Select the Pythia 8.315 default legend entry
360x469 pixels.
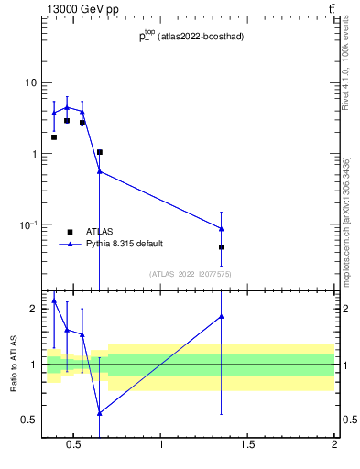pos(124,244)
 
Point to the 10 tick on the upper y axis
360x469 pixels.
pos(30,82)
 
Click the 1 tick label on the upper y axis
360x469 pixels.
pos(33,154)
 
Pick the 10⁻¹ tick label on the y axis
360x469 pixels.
pos(28,224)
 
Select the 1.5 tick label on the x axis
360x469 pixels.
pos(247,446)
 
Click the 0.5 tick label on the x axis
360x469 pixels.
pos(72,446)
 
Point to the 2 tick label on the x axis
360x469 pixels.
pos(334,446)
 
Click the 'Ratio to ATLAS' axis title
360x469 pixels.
pos(13,365)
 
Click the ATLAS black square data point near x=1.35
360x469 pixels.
pos(222,247)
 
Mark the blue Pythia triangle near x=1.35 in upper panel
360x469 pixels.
pos(222,228)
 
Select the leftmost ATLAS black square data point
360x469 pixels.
pos(53,137)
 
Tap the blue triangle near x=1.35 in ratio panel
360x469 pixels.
pos(222,316)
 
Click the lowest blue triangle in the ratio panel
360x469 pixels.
pos(99,413)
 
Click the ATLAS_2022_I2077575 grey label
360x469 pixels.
pos(191,274)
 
